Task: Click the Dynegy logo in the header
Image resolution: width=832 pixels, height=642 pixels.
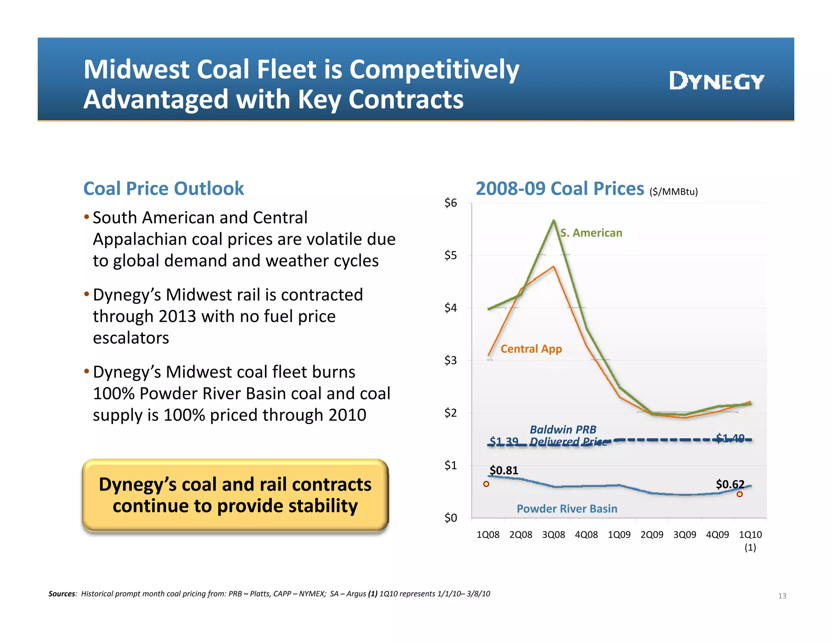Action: (717, 81)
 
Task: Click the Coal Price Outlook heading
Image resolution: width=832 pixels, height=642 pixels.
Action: (163, 189)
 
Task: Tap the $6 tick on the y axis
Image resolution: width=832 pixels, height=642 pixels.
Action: (451, 203)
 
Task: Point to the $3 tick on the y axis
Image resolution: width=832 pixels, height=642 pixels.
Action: (451, 360)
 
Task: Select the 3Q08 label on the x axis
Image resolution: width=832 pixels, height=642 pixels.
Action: (553, 535)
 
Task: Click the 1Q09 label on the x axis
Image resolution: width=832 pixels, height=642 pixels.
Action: (619, 535)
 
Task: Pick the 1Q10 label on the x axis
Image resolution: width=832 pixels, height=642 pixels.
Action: (750, 535)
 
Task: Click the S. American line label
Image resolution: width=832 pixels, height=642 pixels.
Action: (591, 233)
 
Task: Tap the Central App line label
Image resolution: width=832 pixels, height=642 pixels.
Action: (531, 349)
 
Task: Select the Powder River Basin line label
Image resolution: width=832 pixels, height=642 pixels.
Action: (567, 509)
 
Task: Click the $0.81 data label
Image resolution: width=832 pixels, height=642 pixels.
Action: (504, 470)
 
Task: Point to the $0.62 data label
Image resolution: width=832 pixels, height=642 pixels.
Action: (730, 484)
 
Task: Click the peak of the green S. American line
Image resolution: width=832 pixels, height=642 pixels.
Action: (554, 220)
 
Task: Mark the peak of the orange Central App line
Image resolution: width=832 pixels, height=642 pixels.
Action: (553, 267)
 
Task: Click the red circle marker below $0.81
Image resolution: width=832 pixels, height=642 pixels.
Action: (486, 484)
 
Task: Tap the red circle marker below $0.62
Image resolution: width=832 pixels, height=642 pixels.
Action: (740, 494)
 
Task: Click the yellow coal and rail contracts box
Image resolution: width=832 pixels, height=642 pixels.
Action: (235, 495)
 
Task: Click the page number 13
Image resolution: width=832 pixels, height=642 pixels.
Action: (782, 596)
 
